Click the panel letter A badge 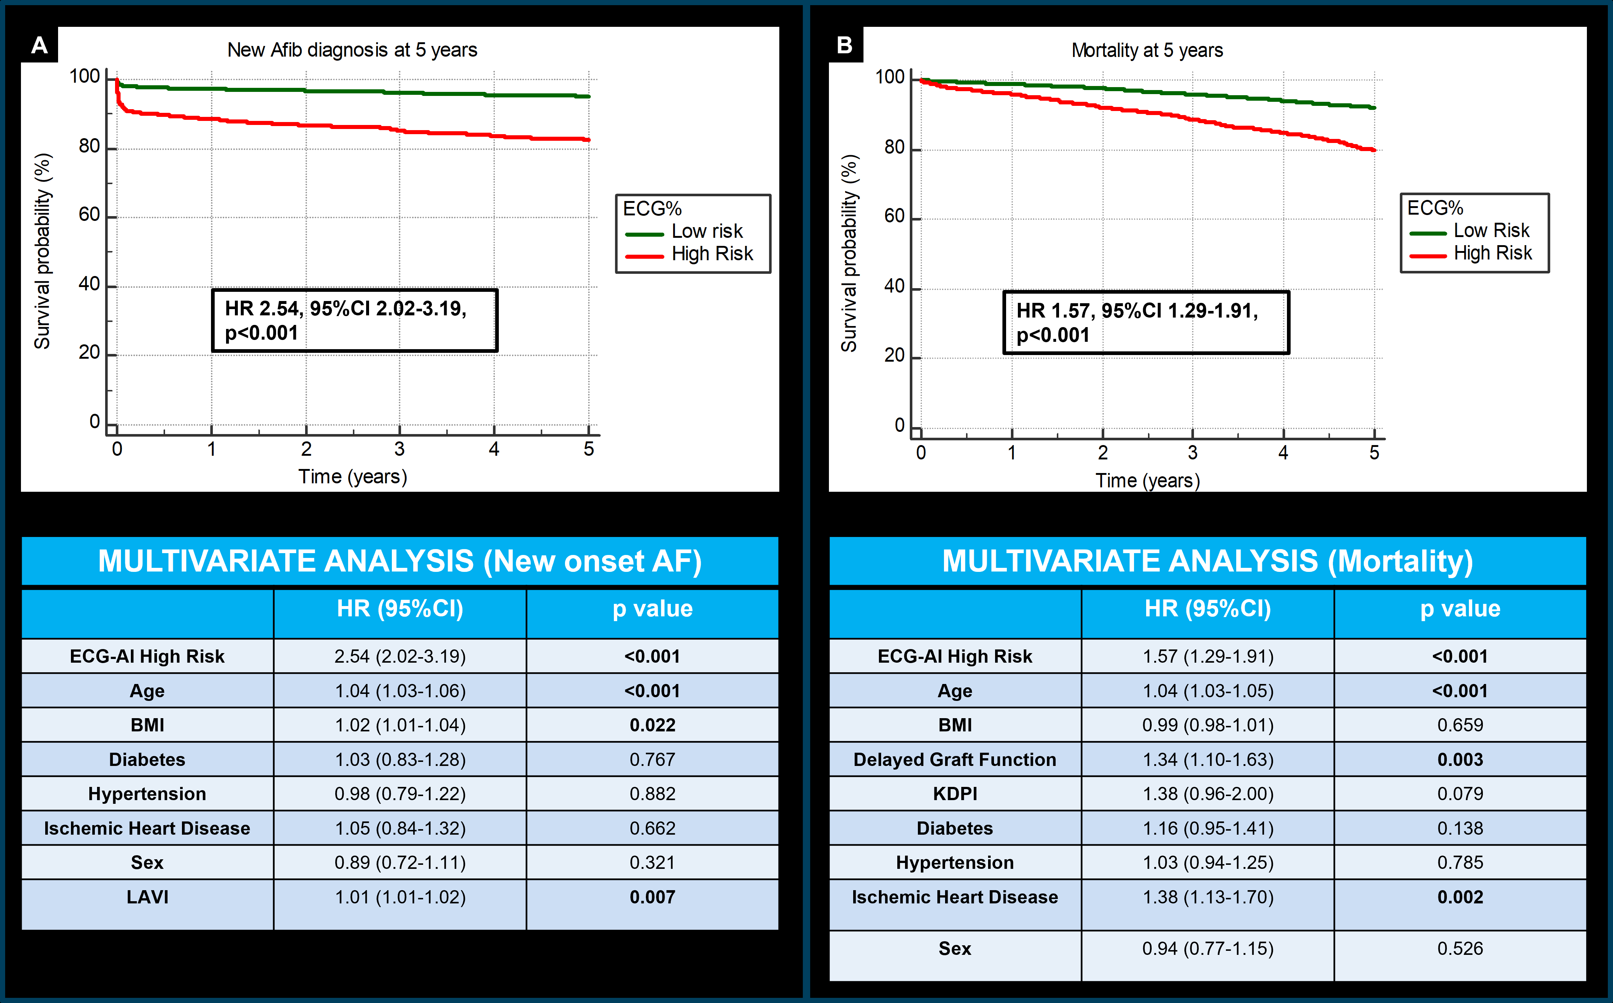(x=39, y=45)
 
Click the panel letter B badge (x=845, y=45)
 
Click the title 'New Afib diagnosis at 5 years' (x=352, y=50)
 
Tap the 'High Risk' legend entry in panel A (x=712, y=253)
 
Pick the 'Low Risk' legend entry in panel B (x=1491, y=230)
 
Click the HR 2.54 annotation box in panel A (x=354, y=320)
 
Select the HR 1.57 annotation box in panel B (x=1146, y=322)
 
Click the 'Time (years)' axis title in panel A (x=352, y=476)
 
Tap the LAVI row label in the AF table (x=147, y=897)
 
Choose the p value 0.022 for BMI (x=652, y=725)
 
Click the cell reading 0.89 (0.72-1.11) (x=400, y=862)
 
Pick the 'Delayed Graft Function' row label (x=954, y=760)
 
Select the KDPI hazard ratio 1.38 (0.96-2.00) (x=1208, y=794)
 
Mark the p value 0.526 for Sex (x=1460, y=949)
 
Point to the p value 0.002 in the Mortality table (x=1460, y=897)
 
